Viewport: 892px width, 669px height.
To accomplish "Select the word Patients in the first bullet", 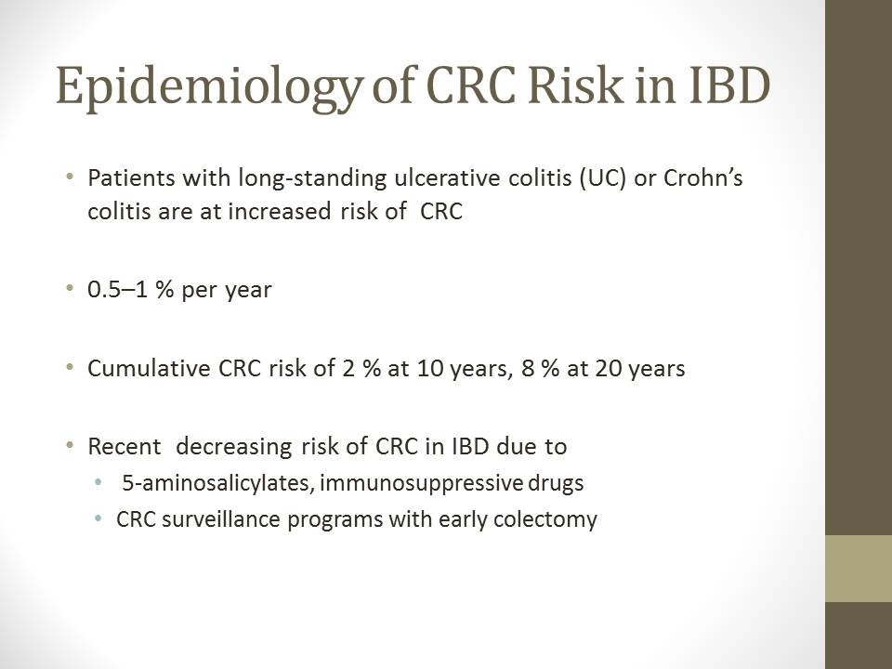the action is (131, 178).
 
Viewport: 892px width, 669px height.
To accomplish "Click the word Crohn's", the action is (703, 178).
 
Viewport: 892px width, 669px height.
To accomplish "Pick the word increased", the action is (280, 211).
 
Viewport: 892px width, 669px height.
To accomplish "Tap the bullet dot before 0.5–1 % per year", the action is (70, 288).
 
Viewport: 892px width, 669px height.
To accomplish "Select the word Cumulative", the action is (149, 368).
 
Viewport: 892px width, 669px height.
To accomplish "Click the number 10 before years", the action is (430, 369).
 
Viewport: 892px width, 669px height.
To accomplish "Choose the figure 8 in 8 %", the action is (528, 369).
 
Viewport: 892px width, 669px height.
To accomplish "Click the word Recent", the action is (124, 447).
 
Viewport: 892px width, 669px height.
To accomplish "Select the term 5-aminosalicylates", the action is (216, 483).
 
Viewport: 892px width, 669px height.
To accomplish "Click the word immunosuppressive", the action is (421, 484).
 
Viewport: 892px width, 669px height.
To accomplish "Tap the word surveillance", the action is (221, 519).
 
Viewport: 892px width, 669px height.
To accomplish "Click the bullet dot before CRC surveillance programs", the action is (99, 518).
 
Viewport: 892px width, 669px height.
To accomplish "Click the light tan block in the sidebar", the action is (859, 569).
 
